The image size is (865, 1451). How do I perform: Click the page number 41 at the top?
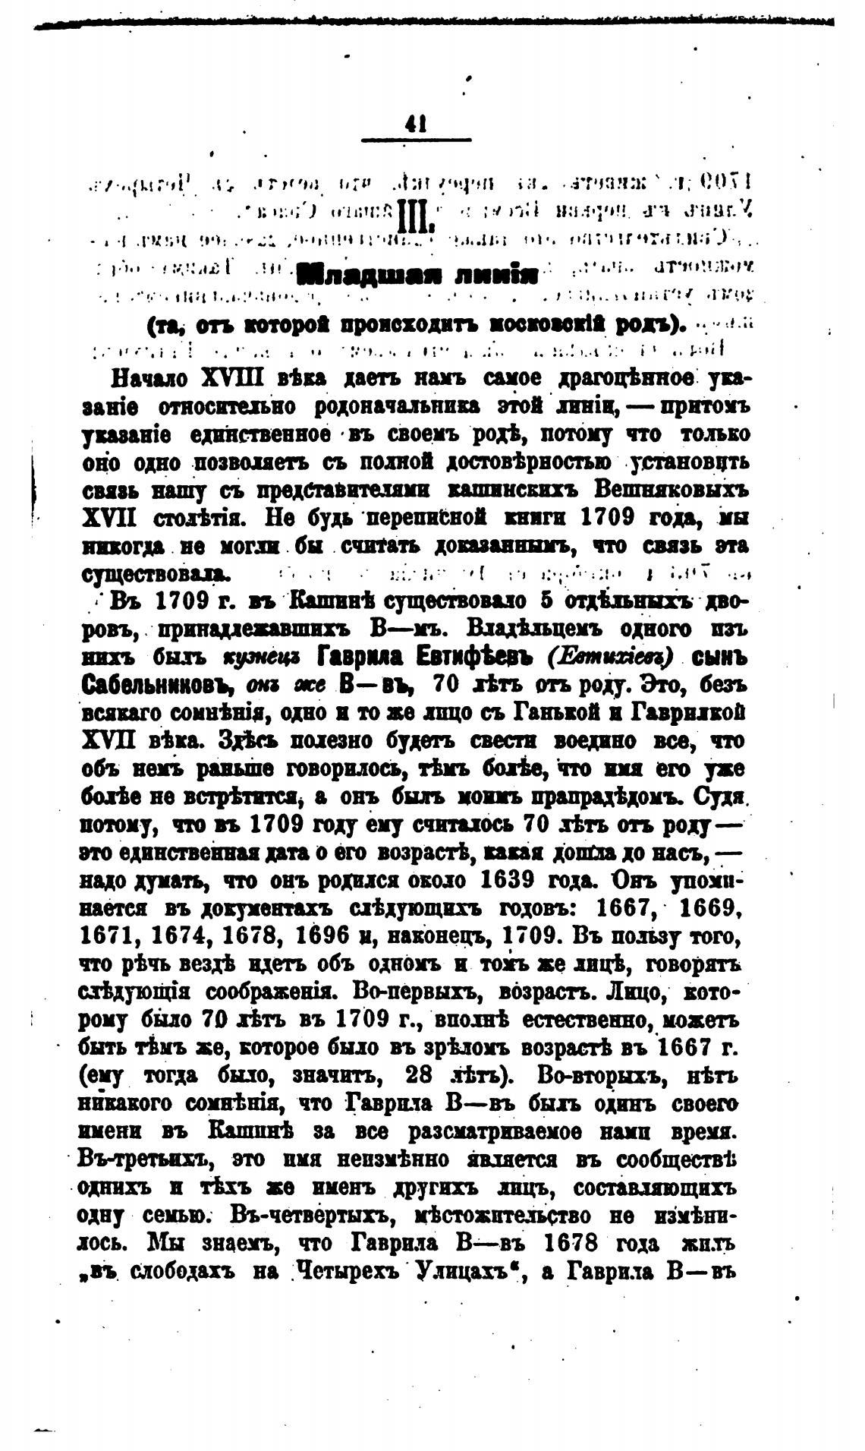(x=417, y=124)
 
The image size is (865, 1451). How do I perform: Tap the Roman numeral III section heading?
(x=414, y=217)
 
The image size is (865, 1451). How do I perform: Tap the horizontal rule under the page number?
(x=417, y=139)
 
